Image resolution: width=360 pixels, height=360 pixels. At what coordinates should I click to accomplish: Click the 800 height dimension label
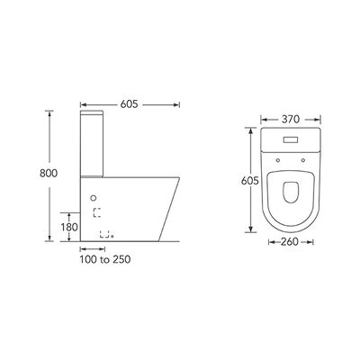tap(49, 173)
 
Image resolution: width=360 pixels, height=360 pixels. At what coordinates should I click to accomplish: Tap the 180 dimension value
tap(69, 227)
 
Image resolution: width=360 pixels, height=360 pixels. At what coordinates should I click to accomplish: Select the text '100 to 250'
tap(105, 259)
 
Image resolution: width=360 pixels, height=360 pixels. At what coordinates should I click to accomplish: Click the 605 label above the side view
tap(129, 104)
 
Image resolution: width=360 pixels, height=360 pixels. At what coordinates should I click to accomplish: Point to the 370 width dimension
tap(291, 120)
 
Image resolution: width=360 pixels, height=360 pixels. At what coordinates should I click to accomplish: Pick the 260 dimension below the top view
tap(290, 242)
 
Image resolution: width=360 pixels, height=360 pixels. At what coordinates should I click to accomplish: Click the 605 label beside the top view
tap(250, 181)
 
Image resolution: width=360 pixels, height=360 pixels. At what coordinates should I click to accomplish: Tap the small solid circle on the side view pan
tap(94, 198)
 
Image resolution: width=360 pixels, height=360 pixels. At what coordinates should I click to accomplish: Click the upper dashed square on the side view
tap(97, 212)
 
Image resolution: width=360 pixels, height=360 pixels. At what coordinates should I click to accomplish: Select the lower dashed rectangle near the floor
tap(104, 234)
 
